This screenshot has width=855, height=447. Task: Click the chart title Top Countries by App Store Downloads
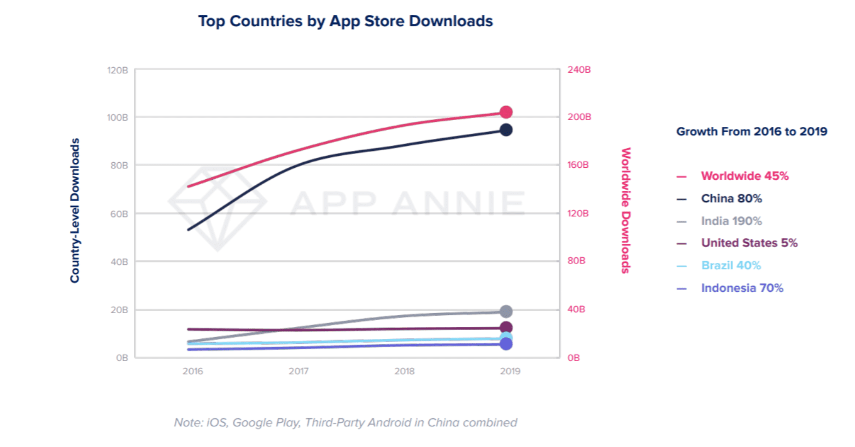click(345, 21)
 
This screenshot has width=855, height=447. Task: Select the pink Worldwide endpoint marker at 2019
click(506, 112)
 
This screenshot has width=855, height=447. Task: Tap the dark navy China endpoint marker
click(506, 130)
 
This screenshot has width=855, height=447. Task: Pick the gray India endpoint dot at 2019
click(506, 311)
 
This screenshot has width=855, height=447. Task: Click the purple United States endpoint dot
click(506, 328)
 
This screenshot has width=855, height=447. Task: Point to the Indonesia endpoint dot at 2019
click(506, 344)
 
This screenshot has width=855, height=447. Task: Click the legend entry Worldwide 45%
click(745, 176)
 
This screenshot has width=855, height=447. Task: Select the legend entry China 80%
click(731, 198)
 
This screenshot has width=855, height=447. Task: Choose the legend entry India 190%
click(731, 221)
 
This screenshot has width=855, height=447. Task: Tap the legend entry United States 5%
click(749, 243)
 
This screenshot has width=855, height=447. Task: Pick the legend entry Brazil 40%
click(730, 265)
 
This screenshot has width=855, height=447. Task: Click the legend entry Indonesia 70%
click(742, 287)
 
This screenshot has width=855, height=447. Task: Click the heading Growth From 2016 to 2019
click(751, 131)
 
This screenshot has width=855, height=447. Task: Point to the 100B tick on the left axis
click(118, 117)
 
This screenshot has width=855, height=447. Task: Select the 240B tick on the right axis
click(579, 70)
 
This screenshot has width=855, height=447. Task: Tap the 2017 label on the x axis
click(298, 371)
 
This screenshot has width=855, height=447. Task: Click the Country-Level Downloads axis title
click(75, 210)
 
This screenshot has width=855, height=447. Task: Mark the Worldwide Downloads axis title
click(626, 210)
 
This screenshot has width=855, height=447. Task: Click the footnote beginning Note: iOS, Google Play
click(345, 422)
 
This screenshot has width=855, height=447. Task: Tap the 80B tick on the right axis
click(576, 261)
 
